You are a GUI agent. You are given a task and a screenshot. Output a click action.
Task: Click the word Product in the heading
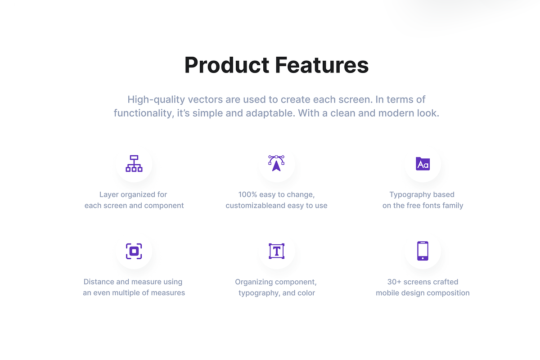(x=227, y=65)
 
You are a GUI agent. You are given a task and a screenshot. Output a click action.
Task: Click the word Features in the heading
(x=322, y=65)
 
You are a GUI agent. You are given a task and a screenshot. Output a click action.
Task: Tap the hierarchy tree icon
(x=134, y=163)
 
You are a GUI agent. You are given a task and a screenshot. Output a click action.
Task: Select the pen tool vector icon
(x=276, y=163)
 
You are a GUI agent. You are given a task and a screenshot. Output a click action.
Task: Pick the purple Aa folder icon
(x=423, y=163)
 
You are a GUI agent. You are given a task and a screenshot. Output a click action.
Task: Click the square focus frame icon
(x=134, y=251)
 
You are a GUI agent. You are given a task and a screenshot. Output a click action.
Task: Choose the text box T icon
(x=276, y=251)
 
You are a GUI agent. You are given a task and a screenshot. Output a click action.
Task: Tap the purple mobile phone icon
(x=423, y=251)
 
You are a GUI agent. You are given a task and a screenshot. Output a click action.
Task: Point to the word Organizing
(x=254, y=282)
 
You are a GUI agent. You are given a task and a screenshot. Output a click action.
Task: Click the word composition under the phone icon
(x=448, y=293)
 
